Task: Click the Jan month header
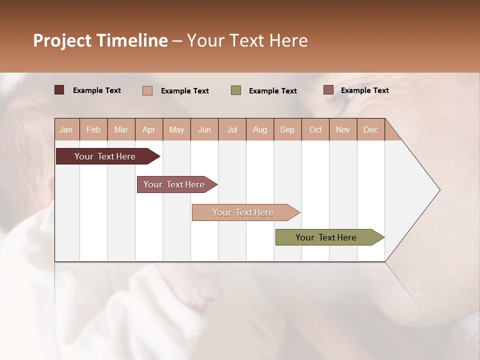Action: click(66, 129)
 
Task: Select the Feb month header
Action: click(93, 129)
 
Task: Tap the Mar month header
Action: click(121, 129)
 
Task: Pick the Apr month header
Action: click(149, 129)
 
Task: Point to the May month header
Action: click(176, 129)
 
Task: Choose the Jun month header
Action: click(204, 129)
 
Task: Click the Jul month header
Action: click(232, 129)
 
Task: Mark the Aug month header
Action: click(260, 129)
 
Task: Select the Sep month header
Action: click(287, 129)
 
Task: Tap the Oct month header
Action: click(315, 129)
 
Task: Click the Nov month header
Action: click(343, 129)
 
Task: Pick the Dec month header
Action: click(370, 129)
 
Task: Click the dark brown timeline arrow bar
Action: click(105, 156)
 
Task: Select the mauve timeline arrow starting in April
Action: click(174, 184)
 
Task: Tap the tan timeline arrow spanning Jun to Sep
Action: click(243, 212)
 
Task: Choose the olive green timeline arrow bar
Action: click(326, 237)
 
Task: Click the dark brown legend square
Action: click(59, 90)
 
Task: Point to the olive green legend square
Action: click(236, 90)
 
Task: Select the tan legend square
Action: click(147, 90)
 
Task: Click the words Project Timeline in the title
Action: click(100, 40)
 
